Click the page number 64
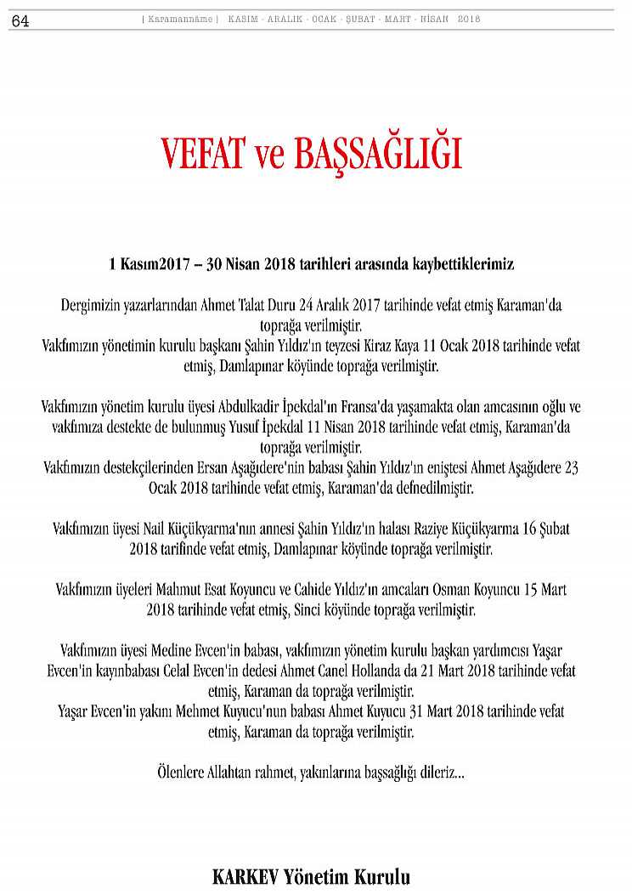(x=20, y=22)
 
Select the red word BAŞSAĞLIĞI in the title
(x=379, y=154)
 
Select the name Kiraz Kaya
(x=390, y=346)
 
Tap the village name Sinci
(x=312, y=610)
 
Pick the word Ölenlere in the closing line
(x=183, y=772)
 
